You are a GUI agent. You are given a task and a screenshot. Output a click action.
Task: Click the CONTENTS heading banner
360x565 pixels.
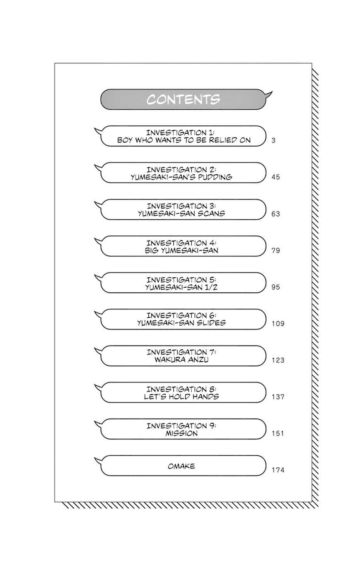pos(183,99)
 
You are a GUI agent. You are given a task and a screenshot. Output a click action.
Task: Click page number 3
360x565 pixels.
pos(273,140)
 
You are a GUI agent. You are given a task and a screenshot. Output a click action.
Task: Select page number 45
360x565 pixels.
pos(275,177)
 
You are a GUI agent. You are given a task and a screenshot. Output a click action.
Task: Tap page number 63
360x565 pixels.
pos(275,214)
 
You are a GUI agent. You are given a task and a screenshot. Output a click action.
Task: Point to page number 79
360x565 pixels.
pos(275,250)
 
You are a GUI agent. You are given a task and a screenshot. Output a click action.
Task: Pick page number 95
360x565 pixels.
pos(275,287)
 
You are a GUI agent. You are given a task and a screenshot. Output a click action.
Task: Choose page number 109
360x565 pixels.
pos(278,324)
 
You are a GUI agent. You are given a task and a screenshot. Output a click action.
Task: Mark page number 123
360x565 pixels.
pos(278,360)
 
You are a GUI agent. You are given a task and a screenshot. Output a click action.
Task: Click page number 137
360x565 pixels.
pos(278,397)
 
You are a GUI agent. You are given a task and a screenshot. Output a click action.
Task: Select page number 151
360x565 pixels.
pos(278,433)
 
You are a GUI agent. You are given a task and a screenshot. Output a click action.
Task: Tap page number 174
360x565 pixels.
pos(278,470)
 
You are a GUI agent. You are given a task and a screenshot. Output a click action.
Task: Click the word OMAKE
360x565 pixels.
pos(181,466)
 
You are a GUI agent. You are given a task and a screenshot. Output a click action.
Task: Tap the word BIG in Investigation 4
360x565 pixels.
pos(152,250)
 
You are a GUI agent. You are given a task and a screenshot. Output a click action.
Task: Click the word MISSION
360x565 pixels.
pos(181,433)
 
